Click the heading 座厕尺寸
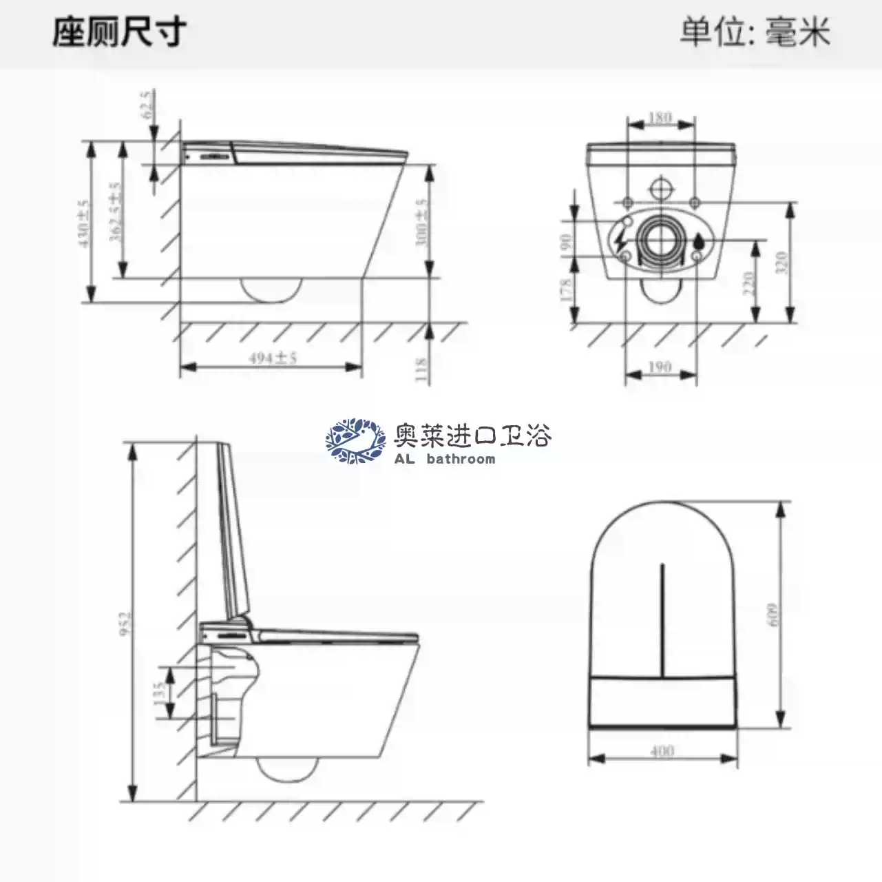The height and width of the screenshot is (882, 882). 119,32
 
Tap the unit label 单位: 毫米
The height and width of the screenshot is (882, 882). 755,32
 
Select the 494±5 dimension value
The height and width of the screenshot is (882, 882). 273,358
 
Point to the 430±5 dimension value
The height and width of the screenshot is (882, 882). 84,223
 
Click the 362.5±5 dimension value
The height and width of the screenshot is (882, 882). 116,212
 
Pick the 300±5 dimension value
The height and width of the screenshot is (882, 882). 421,223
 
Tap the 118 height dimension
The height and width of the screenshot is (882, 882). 421,370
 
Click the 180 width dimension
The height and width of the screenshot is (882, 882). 660,118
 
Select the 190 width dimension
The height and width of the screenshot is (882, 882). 660,367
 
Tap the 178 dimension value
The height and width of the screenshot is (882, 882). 566,289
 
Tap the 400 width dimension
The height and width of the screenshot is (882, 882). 662,750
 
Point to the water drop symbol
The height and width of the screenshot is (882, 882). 699,242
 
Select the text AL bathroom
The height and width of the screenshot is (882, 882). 445,459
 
